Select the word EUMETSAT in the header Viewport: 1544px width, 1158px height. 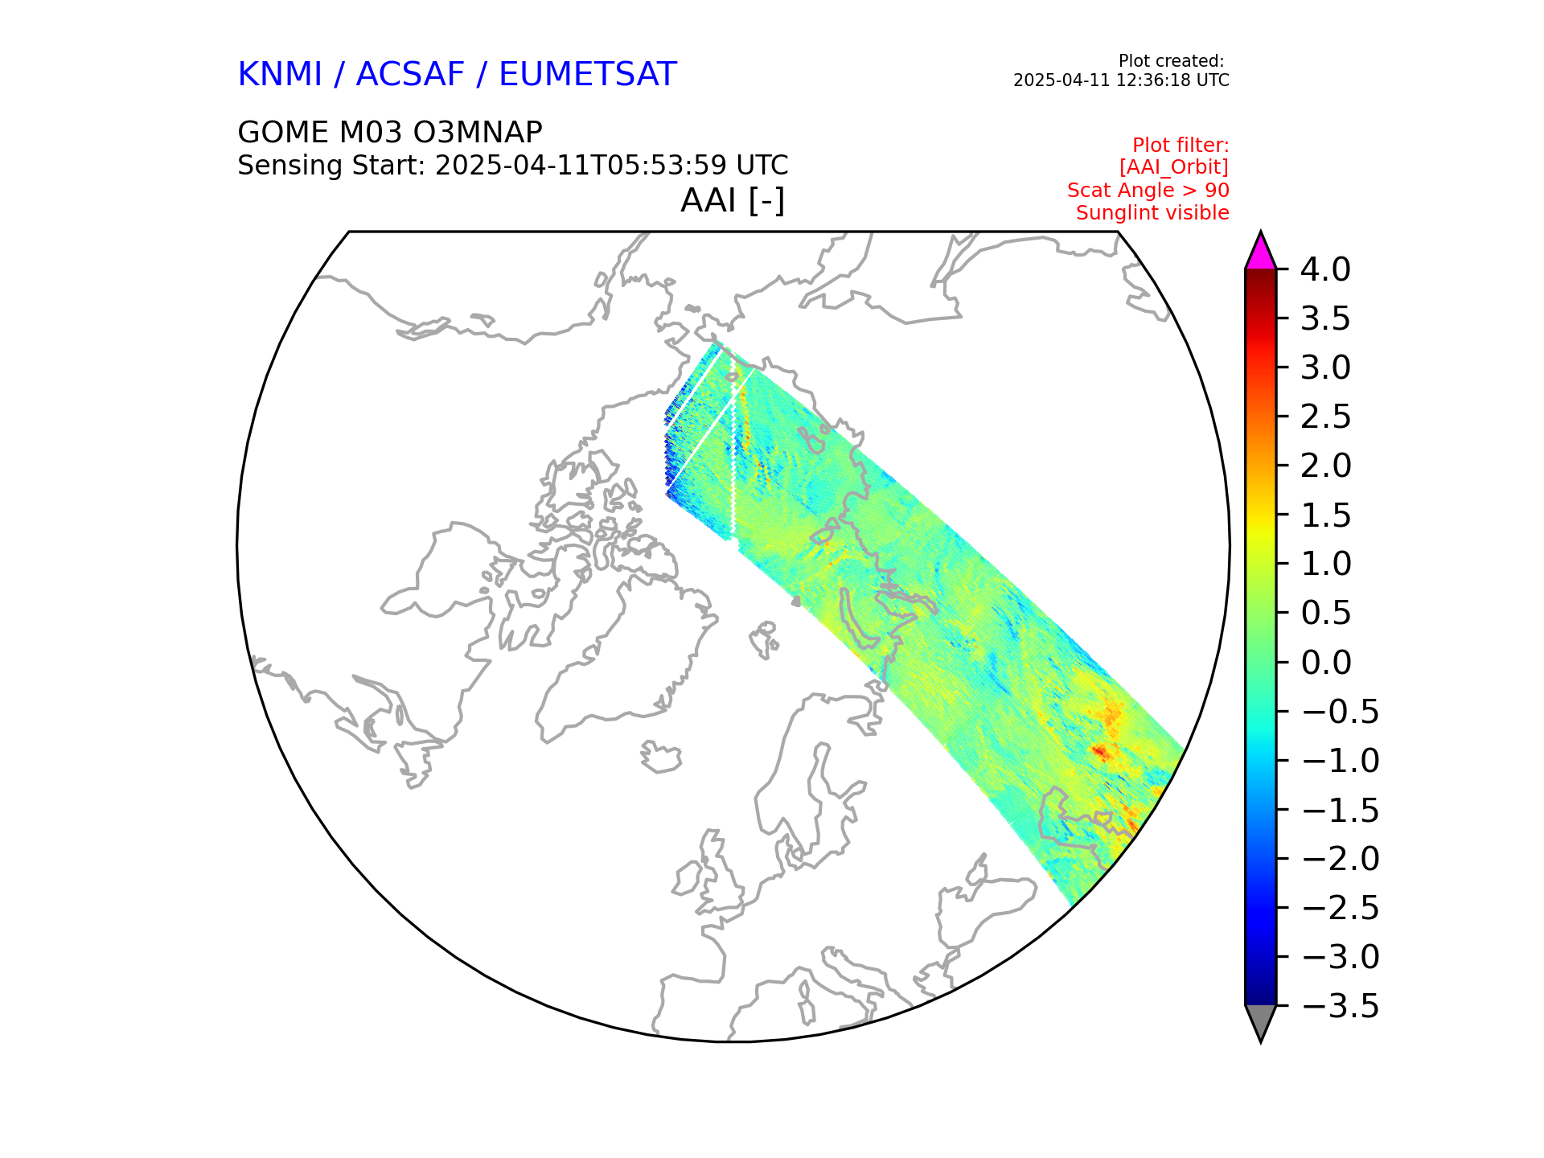click(587, 75)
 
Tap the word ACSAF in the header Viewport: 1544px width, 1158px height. click(410, 75)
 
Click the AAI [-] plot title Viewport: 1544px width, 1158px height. click(732, 200)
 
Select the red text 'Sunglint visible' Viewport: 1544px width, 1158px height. click(1152, 213)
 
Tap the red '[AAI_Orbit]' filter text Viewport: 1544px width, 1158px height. click(1173, 167)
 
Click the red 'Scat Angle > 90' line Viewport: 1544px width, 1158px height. click(1148, 191)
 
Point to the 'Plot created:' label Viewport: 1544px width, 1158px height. click(1171, 61)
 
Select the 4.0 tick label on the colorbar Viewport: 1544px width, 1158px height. click(1325, 269)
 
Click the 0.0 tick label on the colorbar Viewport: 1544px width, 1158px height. click(1325, 663)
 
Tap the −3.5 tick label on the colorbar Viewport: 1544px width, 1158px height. click(1339, 1006)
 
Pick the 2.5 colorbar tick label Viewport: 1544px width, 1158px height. click(1325, 417)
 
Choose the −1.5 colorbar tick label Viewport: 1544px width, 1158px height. click(1339, 810)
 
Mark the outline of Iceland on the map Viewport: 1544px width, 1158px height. click(661, 758)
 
